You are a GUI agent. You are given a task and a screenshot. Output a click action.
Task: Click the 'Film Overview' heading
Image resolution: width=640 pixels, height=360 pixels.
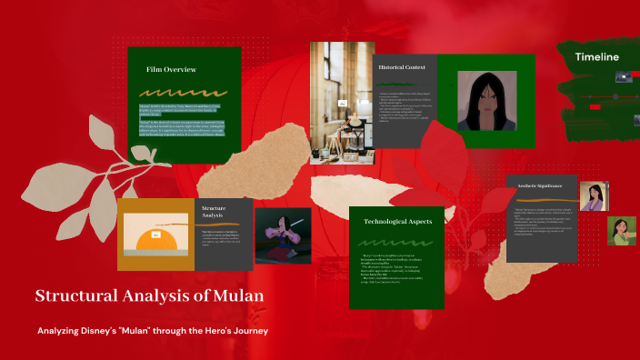click(171, 69)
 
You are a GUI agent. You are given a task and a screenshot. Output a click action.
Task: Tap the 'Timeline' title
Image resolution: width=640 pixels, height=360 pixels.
click(596, 57)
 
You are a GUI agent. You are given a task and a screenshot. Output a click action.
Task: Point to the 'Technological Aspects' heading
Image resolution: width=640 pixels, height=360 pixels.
click(396, 222)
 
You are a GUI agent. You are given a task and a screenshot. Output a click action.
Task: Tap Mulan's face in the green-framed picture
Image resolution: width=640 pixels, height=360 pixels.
click(486, 97)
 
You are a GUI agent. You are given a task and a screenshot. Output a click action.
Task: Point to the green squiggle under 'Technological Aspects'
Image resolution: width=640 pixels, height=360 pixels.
click(396, 243)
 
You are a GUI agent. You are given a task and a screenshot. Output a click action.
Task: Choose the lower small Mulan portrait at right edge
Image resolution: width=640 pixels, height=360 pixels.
click(622, 230)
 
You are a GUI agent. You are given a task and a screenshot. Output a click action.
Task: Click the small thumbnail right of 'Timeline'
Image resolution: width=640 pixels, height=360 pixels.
click(624, 77)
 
